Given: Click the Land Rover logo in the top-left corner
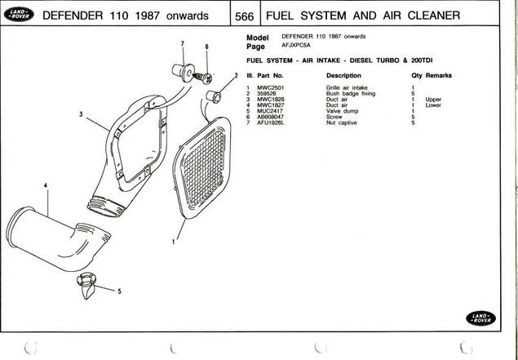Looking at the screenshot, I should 16,16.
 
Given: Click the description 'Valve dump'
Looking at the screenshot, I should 341,111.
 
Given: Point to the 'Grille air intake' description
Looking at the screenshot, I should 347,87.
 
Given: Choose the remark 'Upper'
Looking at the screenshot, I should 433,99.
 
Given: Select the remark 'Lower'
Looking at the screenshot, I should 433,104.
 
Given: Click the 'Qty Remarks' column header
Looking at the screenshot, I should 432,75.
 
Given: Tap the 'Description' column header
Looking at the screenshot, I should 343,75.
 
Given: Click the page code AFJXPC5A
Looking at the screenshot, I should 295,47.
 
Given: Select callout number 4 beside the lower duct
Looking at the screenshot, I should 46,187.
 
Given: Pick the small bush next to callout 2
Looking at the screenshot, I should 214,97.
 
